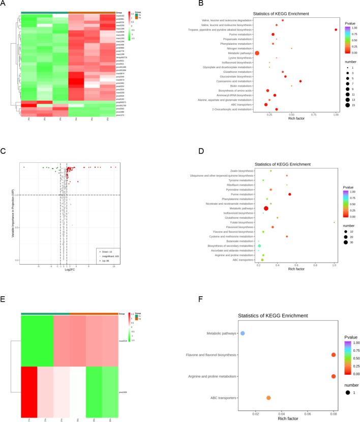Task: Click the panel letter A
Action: pos(4,4)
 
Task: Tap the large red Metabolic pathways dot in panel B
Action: pos(257,53)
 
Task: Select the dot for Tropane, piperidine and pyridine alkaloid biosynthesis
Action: pos(336,30)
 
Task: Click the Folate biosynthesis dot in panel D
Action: pos(334,222)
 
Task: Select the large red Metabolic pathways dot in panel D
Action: pos(266,208)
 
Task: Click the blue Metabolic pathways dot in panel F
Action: pos(243,333)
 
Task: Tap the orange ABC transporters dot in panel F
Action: pos(268,398)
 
